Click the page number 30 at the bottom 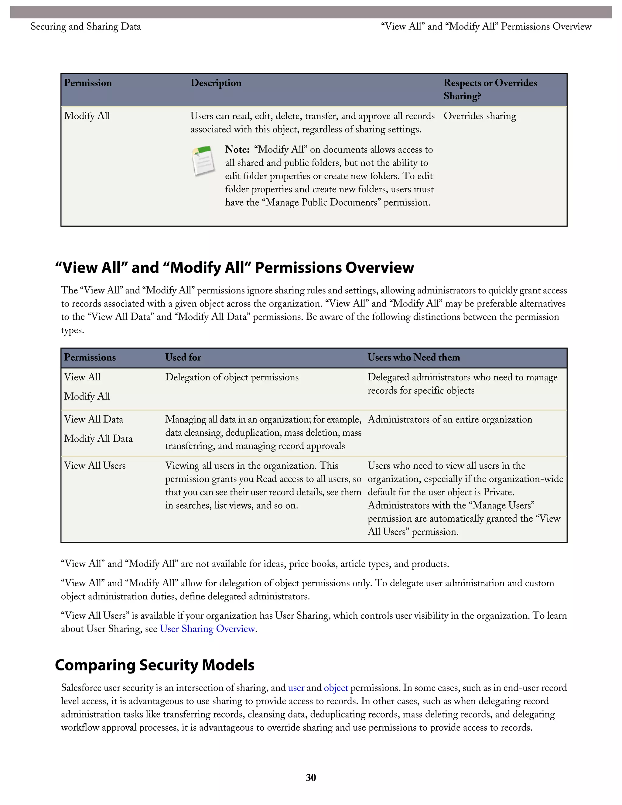pyautogui.click(x=311, y=777)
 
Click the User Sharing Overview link pyautogui.click(x=207, y=629)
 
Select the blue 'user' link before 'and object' pyautogui.click(x=296, y=687)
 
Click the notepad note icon pyautogui.click(x=203, y=161)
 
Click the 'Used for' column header pyautogui.click(x=183, y=357)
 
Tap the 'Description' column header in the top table pyautogui.click(x=216, y=83)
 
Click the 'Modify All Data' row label pyautogui.click(x=98, y=438)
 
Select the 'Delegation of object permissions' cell pyautogui.click(x=232, y=377)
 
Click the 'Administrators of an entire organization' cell pyautogui.click(x=449, y=420)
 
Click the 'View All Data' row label pyautogui.click(x=94, y=420)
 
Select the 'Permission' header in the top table pyautogui.click(x=88, y=83)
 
